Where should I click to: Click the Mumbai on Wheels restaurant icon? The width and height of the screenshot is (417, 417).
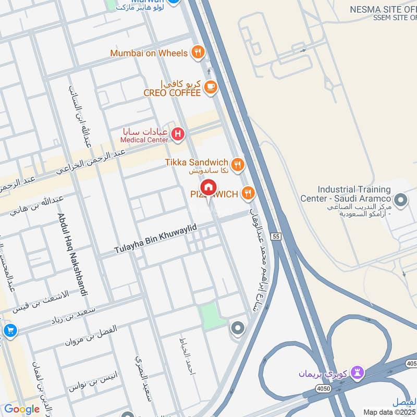[198, 52]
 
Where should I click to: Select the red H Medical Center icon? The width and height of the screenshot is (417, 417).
[178, 135]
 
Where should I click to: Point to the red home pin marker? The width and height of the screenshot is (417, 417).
[208, 187]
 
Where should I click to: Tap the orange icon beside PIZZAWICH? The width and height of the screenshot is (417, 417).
[248, 194]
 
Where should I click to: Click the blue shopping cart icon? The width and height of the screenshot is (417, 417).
[9, 330]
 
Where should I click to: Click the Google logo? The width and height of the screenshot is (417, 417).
[21, 409]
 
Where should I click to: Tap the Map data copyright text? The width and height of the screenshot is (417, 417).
[389, 412]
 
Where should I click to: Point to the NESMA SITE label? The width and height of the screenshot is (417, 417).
[383, 9]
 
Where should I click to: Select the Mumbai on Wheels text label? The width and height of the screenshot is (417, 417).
[149, 53]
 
